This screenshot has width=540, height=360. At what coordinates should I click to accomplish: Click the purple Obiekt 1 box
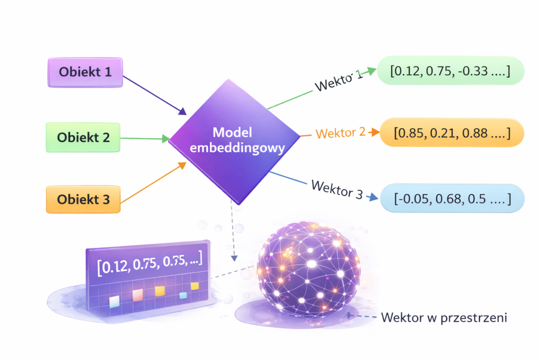point(85,72)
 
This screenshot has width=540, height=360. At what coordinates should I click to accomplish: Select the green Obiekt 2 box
point(83,138)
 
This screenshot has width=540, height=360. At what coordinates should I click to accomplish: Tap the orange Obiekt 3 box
point(83,200)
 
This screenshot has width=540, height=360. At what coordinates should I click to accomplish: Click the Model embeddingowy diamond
point(237,140)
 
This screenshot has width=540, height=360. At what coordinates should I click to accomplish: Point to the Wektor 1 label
point(338,81)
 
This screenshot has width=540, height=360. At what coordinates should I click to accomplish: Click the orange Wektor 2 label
point(340,132)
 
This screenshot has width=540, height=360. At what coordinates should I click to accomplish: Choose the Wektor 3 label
point(337,190)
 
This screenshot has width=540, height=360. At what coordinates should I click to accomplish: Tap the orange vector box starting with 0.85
point(451,133)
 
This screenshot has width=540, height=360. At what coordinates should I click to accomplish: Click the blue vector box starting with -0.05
point(452,199)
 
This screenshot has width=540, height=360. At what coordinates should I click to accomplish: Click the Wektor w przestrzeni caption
point(443,318)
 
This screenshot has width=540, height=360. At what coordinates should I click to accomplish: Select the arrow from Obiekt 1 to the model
point(155,95)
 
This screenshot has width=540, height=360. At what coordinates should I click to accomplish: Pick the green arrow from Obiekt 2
point(145,139)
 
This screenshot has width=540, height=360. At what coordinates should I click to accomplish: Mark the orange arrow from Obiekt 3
point(153,182)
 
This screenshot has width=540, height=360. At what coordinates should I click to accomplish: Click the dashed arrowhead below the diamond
point(233,258)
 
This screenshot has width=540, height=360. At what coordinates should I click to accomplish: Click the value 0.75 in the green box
point(439,73)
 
